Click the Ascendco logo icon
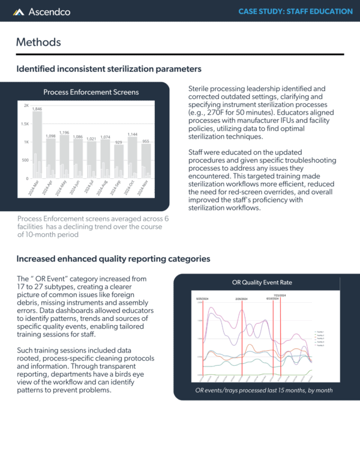[19, 11]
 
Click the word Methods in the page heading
[38, 42]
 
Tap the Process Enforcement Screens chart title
[91, 92]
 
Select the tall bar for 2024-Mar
[37, 145]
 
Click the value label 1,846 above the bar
[37, 109]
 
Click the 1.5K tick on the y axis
[25, 124]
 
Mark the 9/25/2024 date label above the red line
[202, 298]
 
